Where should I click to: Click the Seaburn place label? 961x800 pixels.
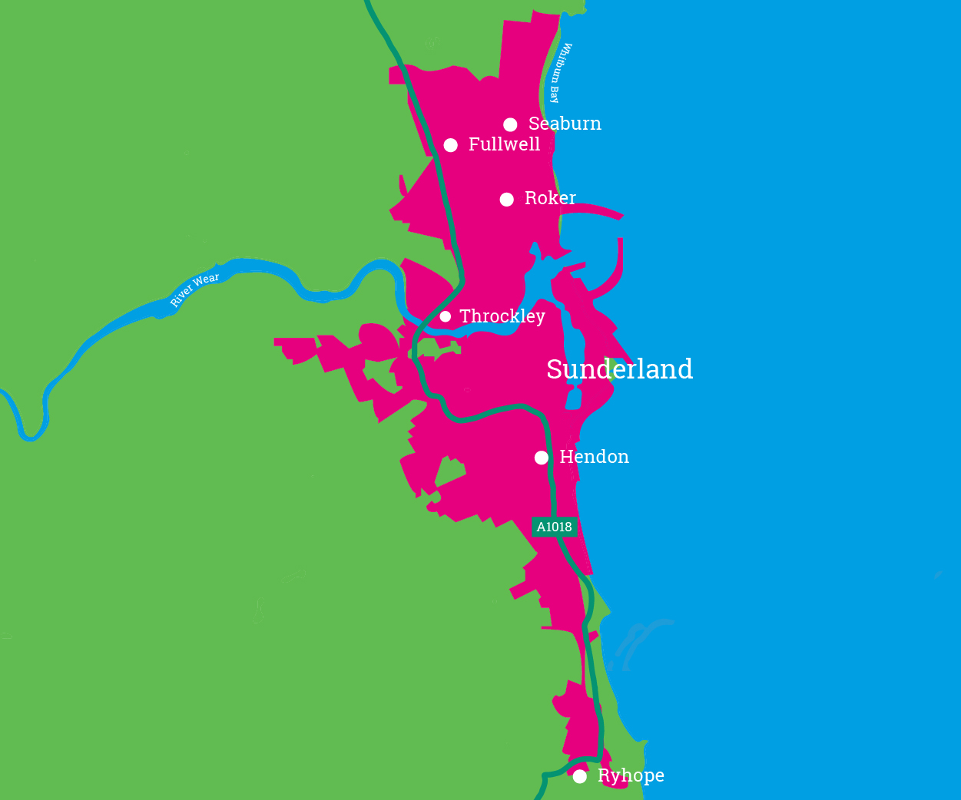coord(565,124)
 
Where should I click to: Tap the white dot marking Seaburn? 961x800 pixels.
coord(510,124)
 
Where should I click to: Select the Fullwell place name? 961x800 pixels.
coord(504,144)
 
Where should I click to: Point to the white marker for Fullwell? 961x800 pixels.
coord(451,145)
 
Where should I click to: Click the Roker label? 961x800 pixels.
coord(550,198)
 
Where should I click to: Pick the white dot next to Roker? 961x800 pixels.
coord(507,200)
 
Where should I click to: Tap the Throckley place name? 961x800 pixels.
coord(502,316)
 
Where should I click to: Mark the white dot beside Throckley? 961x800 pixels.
coord(446,316)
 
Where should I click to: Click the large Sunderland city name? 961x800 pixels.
coord(619,369)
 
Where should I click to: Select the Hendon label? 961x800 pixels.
coord(594,457)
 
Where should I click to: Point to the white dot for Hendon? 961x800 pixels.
coord(542,458)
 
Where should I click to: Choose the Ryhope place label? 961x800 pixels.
coord(631,775)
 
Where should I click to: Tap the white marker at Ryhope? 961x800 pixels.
coord(580,776)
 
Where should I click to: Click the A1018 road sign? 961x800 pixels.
coord(554,527)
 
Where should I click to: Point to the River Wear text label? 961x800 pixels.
coord(194,289)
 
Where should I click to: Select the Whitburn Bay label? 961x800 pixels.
coord(561,73)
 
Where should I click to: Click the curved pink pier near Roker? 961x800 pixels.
coord(595,208)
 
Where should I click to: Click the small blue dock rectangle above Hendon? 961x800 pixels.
coord(574,398)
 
